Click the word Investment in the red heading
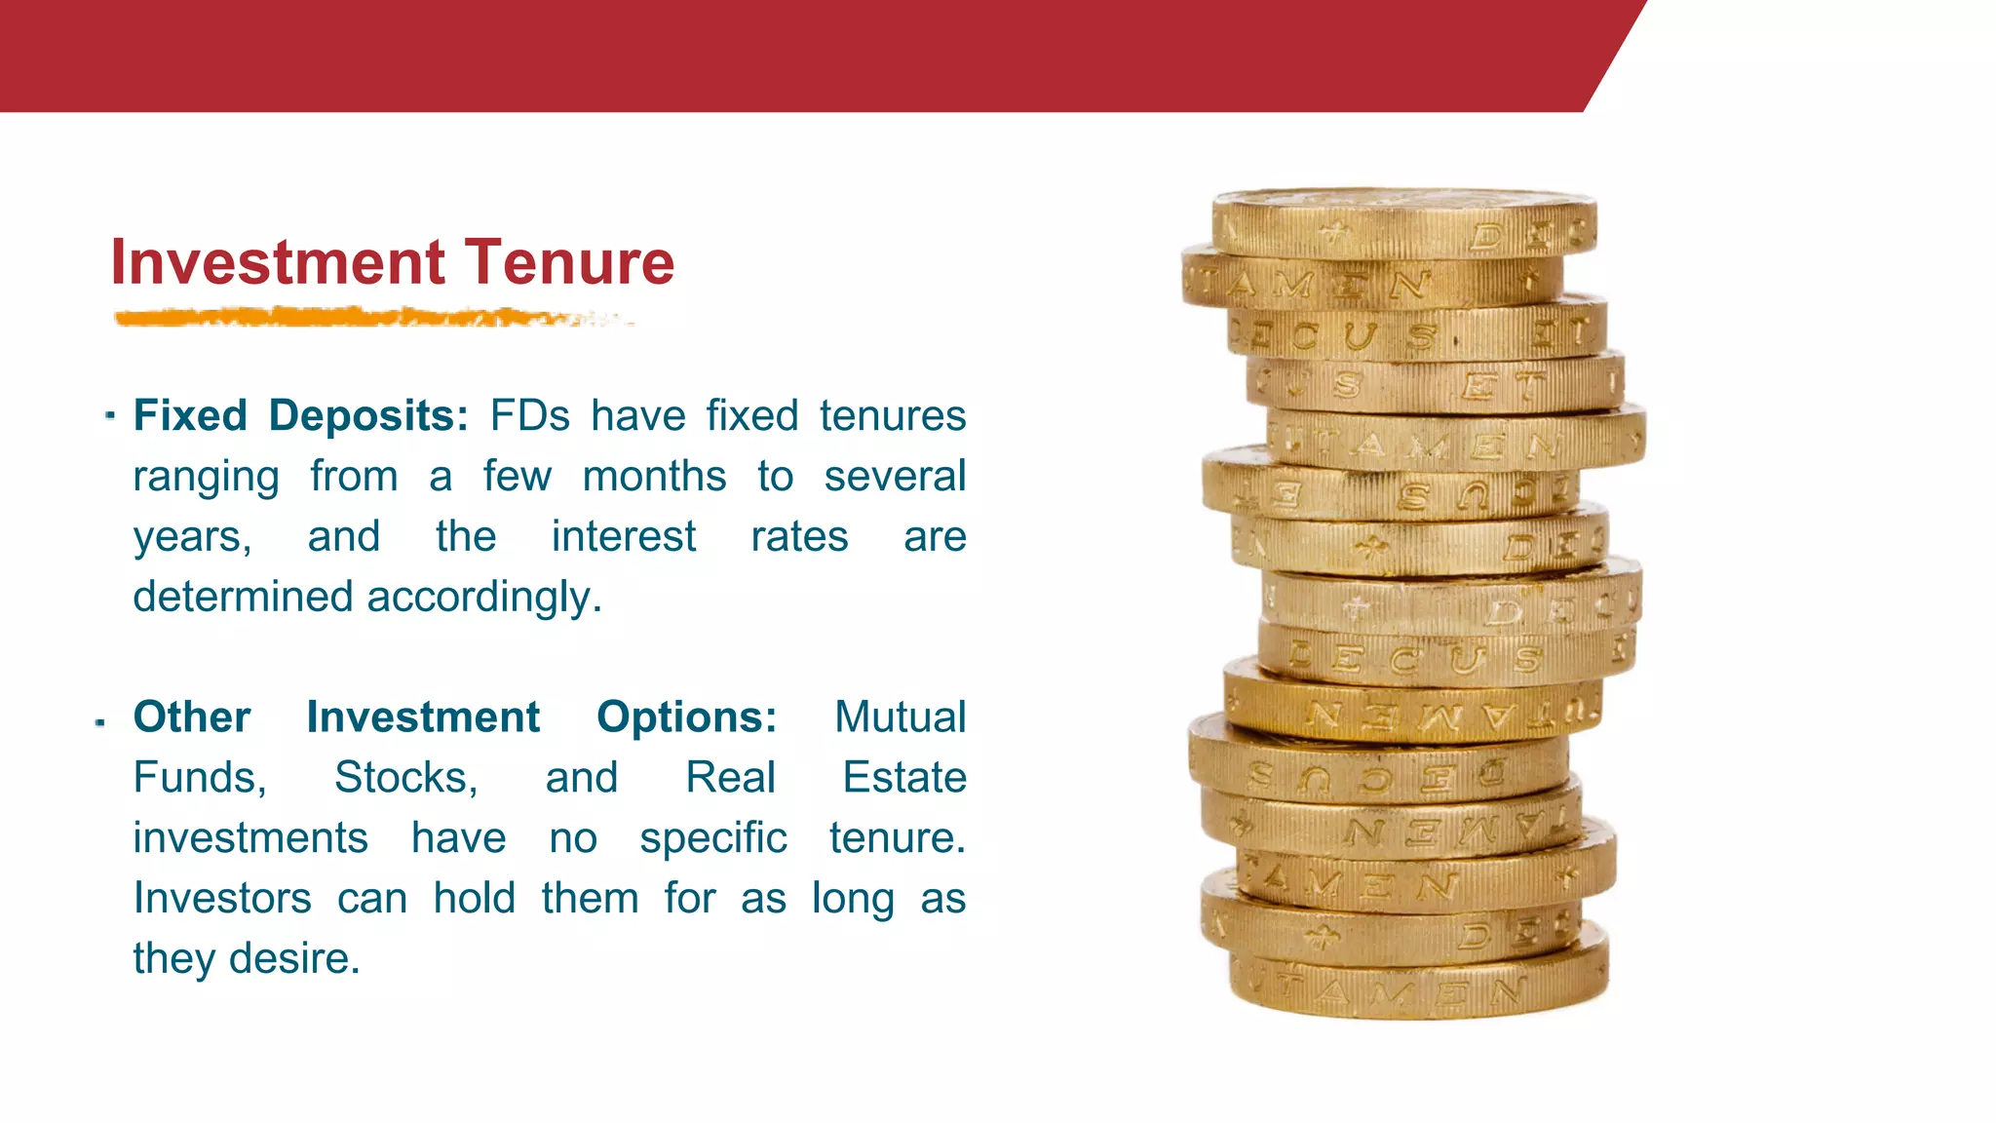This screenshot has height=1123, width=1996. coord(278,262)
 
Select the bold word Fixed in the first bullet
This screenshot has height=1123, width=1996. coord(190,415)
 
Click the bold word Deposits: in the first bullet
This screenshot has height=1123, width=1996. coord(368,415)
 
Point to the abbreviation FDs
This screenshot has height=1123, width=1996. coord(529,415)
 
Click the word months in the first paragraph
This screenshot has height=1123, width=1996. coord(654,477)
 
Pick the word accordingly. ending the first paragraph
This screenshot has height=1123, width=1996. coord(484,597)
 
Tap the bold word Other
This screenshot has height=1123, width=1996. coord(192,717)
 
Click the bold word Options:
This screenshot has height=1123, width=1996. coord(687,717)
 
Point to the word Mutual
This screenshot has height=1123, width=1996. coord(900,717)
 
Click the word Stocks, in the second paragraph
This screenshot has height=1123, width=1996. coord(405,778)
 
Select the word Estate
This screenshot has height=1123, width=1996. coord(903,778)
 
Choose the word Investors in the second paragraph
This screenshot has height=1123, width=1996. coord(222,898)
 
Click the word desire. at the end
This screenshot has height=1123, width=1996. coord(294,958)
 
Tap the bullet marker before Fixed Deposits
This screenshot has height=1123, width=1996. coord(110,416)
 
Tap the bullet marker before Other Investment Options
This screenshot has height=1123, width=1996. coord(100,722)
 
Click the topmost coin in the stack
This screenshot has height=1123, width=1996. coord(1403,222)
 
